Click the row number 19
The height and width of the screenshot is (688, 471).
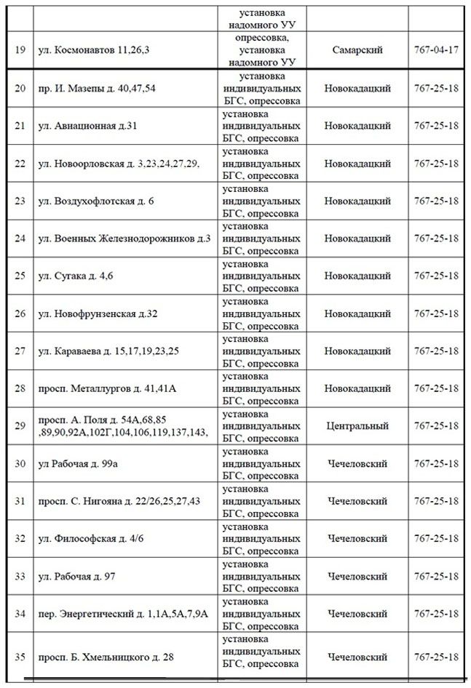coord(20,50)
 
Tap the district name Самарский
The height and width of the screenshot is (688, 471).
coord(357,50)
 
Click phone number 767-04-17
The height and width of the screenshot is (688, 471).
coord(435,50)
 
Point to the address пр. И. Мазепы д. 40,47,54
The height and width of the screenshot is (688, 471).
coord(98,88)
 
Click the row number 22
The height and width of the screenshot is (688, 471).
coord(20,163)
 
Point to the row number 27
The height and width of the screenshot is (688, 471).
coord(20,351)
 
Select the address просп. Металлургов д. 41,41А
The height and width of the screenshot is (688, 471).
coord(107,388)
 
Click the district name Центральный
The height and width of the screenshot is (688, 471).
coord(357,425)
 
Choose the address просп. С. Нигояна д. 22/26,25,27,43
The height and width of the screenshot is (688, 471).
coord(119,501)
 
